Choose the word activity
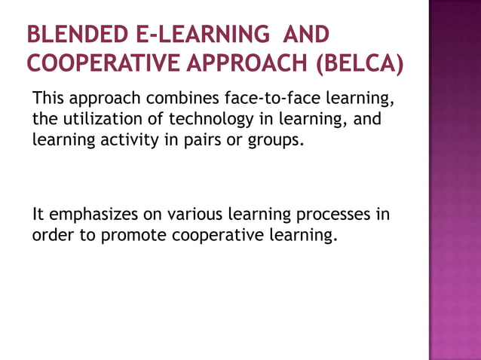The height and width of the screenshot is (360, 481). pyautogui.click(x=128, y=139)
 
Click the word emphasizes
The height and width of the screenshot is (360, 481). pyautogui.click(x=90, y=215)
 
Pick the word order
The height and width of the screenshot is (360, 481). pyautogui.click(x=53, y=235)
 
